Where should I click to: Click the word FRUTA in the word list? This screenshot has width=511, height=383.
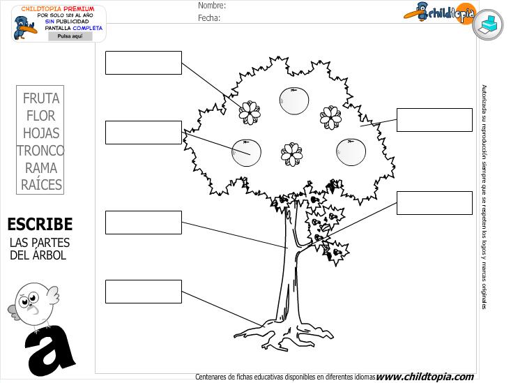[41, 98]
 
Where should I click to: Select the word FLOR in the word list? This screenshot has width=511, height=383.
[41, 116]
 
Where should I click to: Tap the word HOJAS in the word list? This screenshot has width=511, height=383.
[41, 133]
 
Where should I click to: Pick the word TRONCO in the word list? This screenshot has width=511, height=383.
[41, 151]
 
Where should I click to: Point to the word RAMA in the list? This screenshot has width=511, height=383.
[41, 168]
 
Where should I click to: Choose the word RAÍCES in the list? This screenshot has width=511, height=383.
[41, 185]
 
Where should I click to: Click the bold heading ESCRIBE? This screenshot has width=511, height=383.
[40, 224]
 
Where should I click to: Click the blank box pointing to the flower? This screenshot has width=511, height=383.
[143, 63]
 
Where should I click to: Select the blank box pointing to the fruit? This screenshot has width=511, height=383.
[143, 133]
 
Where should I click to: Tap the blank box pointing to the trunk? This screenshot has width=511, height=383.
[143, 223]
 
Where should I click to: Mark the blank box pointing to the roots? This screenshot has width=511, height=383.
[143, 292]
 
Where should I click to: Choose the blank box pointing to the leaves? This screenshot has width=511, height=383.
[434, 120]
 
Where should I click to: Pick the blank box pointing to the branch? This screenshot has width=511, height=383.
[434, 203]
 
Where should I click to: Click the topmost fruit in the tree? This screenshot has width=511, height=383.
[293, 100]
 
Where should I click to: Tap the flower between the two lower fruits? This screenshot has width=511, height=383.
[292, 153]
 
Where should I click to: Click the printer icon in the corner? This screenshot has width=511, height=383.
[488, 24]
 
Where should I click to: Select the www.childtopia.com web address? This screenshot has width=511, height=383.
[425, 377]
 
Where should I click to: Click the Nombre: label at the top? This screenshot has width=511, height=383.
[211, 6]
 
